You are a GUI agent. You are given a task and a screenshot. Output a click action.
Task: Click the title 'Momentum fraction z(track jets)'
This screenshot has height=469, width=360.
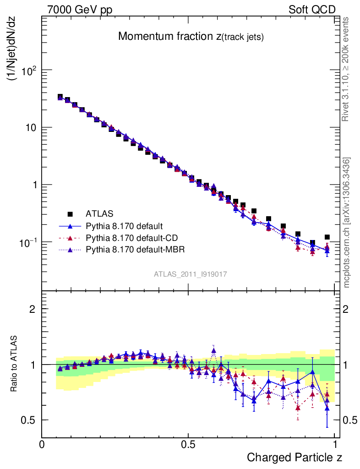tap(191, 37)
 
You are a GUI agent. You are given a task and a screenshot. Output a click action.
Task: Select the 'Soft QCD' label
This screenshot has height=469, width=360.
tap(312, 10)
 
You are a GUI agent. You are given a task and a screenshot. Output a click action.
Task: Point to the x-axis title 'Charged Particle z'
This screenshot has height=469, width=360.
tap(295, 457)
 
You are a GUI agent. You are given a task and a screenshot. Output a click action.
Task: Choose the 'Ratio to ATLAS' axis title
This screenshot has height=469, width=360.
tap(14, 364)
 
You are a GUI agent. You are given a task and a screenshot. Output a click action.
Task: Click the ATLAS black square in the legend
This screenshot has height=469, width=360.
tap(71, 213)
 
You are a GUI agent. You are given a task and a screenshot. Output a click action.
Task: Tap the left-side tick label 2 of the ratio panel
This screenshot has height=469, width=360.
tap(33, 309)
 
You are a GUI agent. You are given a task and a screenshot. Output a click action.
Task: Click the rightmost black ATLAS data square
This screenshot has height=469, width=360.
tap(327, 237)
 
